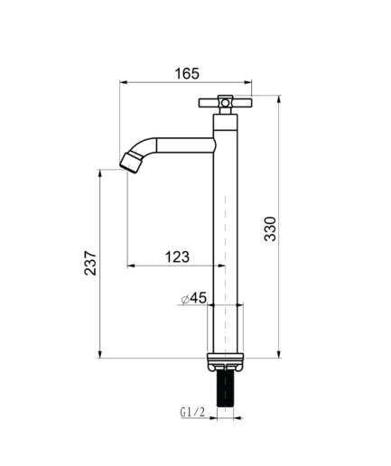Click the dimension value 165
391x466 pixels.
click(187, 73)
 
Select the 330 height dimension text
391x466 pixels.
click(270, 228)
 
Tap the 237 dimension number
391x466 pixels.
click(90, 263)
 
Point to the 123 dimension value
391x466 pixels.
click(177, 257)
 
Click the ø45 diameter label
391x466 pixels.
click(194, 298)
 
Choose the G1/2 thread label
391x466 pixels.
click(192, 412)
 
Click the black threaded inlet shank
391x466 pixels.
click(225, 388)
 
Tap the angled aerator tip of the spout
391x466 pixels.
click(131, 163)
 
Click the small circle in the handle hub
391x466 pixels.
click(225, 103)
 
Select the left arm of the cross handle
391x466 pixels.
click(209, 103)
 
